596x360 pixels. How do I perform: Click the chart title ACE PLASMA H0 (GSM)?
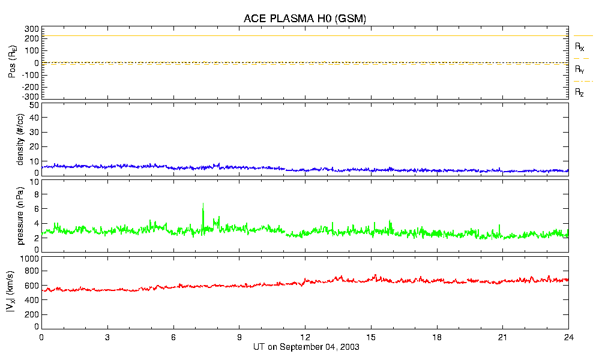coord(304,19)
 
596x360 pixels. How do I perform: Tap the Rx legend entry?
coord(580,46)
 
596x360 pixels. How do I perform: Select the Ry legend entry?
coord(580,70)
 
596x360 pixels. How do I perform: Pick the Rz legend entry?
coord(580,92)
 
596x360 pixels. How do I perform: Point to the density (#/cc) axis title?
coord(20,139)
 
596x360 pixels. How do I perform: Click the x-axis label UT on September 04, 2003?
coord(304,347)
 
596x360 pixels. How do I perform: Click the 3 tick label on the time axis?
coord(107,337)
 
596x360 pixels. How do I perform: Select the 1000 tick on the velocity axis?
coord(29,259)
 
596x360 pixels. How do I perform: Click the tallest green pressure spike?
coord(203,204)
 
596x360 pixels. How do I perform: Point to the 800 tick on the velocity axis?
coord(32,272)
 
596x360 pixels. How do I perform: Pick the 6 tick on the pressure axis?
coord(36,209)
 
